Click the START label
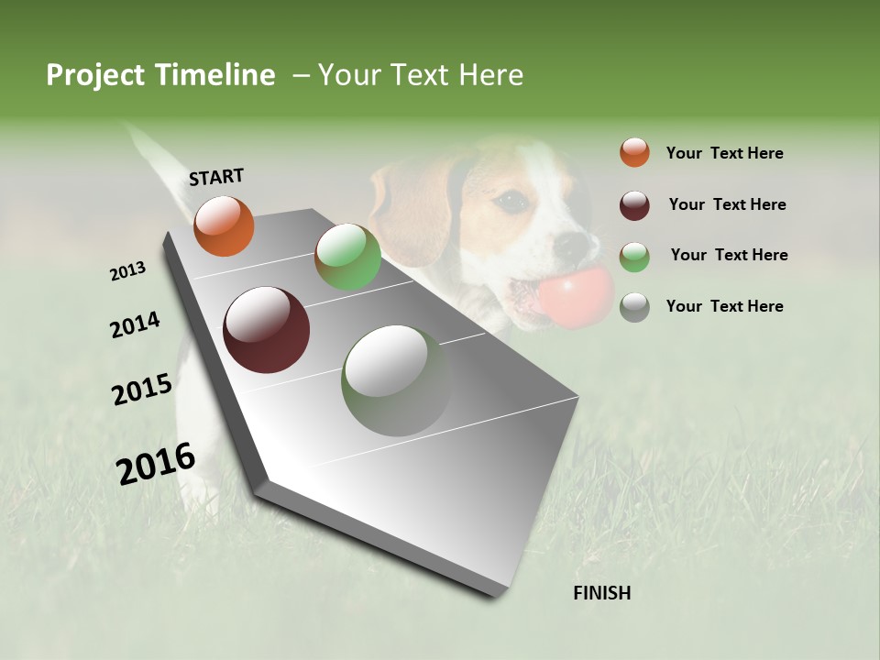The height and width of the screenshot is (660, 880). [216, 177]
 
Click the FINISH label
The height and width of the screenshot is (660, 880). [601, 593]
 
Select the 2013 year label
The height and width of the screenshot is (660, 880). [127, 271]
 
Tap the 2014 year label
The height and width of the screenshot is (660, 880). [135, 325]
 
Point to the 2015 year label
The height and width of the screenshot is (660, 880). [142, 390]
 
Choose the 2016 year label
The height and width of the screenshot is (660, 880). [156, 464]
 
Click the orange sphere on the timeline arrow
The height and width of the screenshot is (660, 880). [224, 226]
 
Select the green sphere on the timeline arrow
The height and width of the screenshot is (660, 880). [347, 257]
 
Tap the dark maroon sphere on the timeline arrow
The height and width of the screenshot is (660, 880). [266, 330]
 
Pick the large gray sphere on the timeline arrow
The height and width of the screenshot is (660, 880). [396, 380]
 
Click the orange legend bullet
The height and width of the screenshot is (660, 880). [634, 153]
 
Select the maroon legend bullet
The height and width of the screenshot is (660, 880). [634, 205]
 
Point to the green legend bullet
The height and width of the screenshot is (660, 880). [634, 256]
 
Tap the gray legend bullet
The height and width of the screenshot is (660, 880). [634, 307]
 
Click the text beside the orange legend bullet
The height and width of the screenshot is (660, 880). [724, 154]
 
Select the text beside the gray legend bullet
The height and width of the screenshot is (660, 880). [724, 306]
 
